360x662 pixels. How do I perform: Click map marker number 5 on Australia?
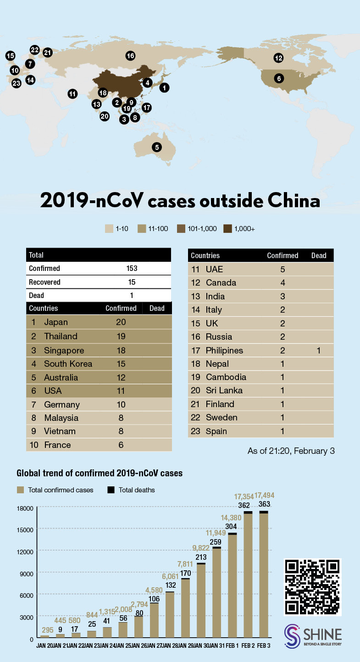coord(157,147)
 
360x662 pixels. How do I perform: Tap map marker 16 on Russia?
coord(130,56)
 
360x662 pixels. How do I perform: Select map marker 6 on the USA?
coord(278,78)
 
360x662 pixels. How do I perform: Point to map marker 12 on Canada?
coord(278,58)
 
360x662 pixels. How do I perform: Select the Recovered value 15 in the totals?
coord(132,282)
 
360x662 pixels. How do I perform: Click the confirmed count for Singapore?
coord(121,350)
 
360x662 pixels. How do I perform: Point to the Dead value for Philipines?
coord(318,350)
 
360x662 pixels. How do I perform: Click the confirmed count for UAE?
coord(283,269)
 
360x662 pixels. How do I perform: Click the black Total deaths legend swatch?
coord(111,490)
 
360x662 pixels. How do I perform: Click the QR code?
coord(314,587)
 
